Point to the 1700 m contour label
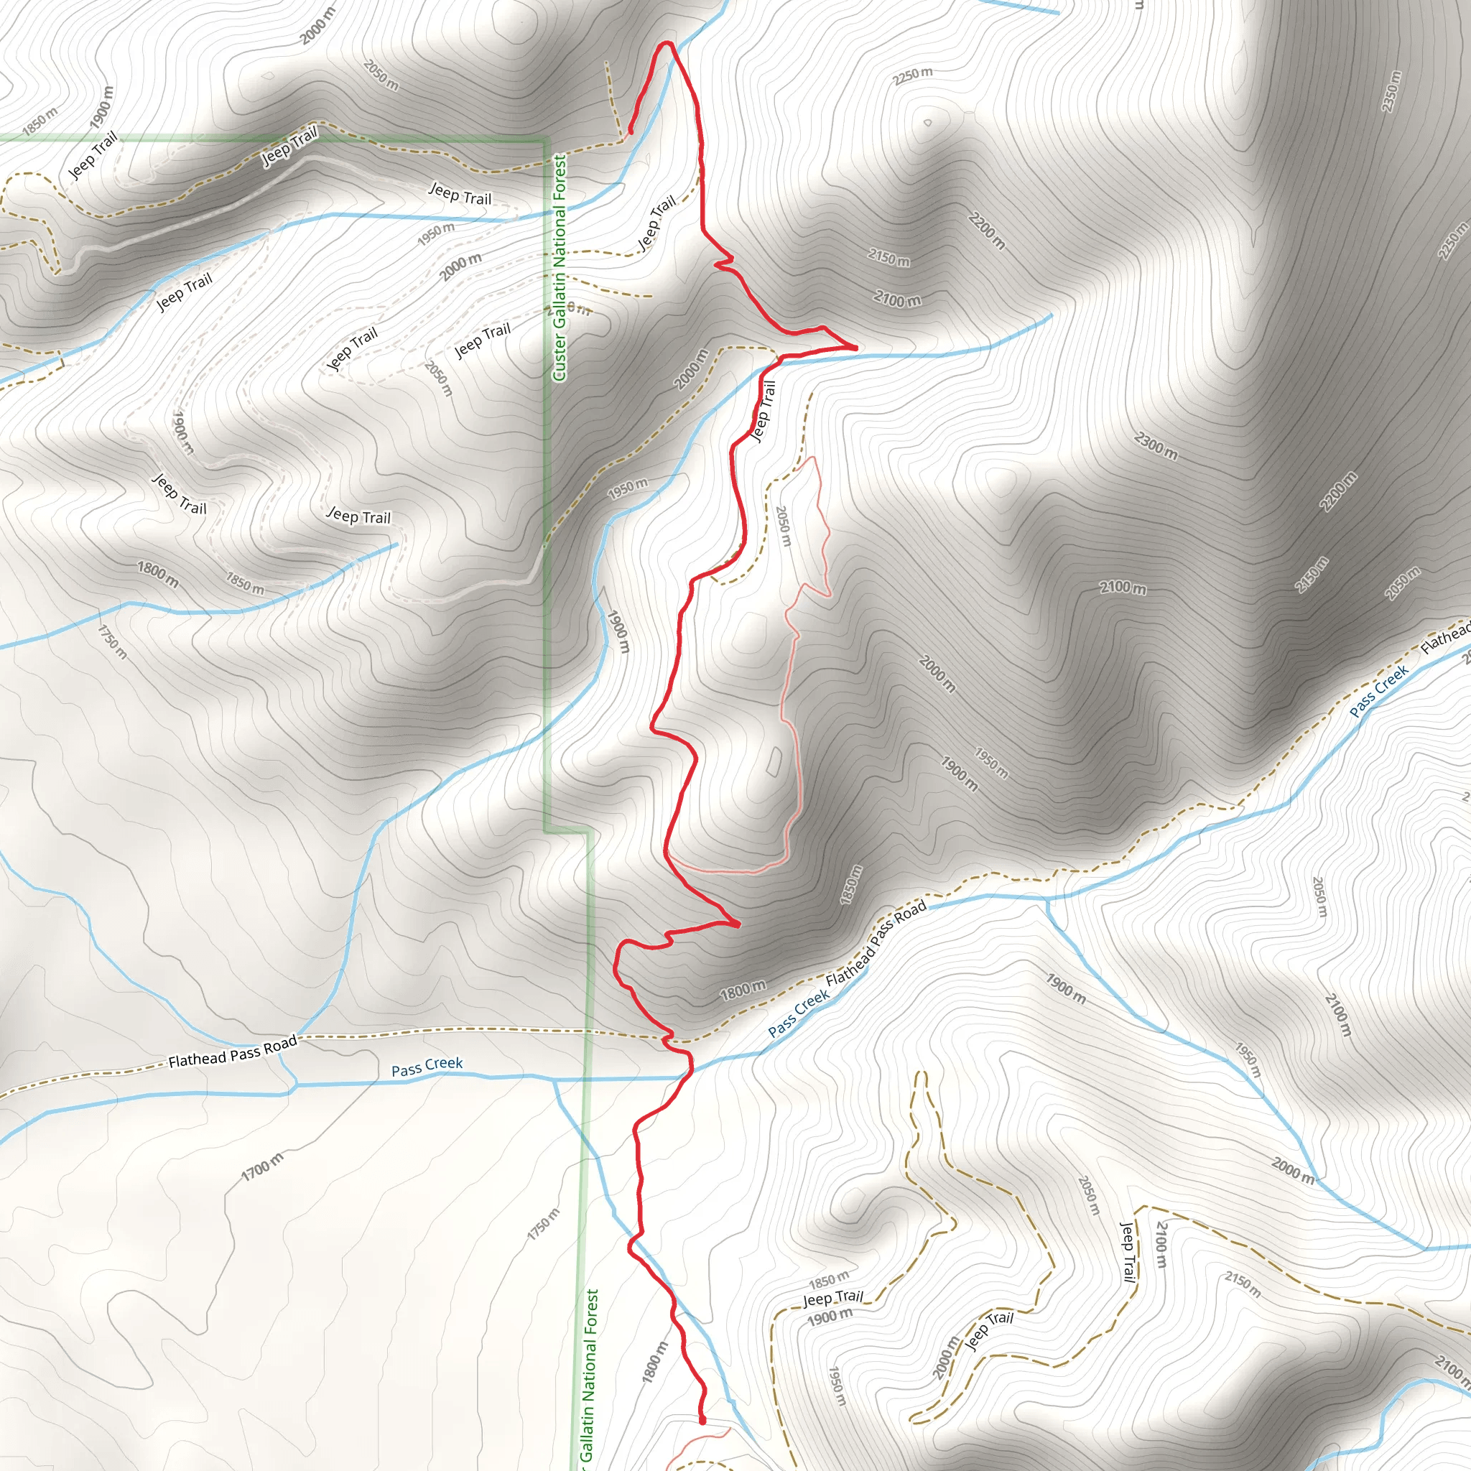tap(262, 1167)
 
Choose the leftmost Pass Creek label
tap(427, 1066)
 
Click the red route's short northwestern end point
tap(631, 131)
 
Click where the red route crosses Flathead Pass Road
tap(668, 1037)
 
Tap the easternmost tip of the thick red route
tap(855, 348)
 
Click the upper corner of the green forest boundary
tap(545, 139)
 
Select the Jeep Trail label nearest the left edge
tap(93, 154)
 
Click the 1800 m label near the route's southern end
tap(655, 1361)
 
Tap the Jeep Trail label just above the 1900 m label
tap(833, 1296)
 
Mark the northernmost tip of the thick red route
tap(667, 42)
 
